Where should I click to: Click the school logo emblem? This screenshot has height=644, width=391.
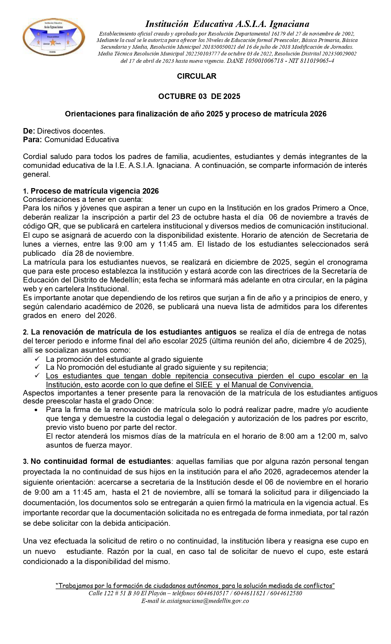[54, 37]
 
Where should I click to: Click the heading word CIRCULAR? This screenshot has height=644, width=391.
[197, 76]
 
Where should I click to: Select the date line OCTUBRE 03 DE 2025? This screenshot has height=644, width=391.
[199, 97]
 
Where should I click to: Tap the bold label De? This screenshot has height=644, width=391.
[29, 131]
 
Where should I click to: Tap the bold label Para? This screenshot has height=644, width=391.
[32, 140]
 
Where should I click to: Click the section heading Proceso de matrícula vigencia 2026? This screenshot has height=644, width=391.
[95, 191]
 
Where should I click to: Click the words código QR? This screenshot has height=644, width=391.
[39, 226]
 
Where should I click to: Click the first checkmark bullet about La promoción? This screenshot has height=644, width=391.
[37, 359]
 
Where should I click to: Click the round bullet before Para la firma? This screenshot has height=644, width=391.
[37, 410]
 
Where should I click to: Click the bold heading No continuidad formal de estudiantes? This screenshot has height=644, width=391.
[100, 461]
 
